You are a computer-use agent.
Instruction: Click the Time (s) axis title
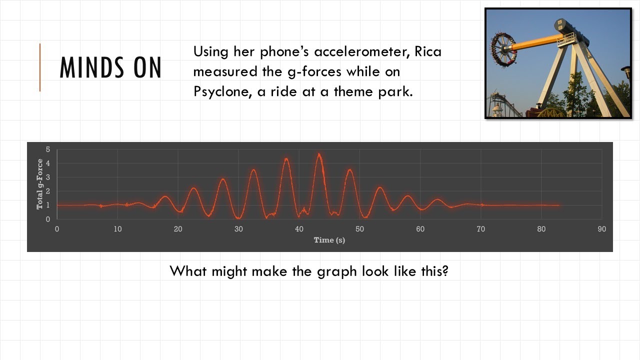click(329, 240)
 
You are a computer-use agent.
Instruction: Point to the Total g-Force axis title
click(39, 184)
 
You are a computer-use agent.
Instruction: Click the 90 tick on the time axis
click(601, 229)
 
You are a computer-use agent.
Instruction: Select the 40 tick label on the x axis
click(299, 229)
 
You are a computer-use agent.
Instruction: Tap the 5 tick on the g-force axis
click(48, 149)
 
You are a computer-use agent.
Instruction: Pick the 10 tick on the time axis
click(117, 229)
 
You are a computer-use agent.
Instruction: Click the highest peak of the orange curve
click(319, 154)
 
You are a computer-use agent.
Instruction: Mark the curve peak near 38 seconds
click(286, 159)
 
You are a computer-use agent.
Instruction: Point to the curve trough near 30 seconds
click(239, 218)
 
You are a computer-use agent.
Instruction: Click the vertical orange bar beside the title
click(40, 67)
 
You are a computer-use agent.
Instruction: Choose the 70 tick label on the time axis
click(480, 229)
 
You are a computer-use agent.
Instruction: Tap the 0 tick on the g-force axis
click(48, 219)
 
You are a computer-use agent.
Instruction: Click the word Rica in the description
click(428, 51)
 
